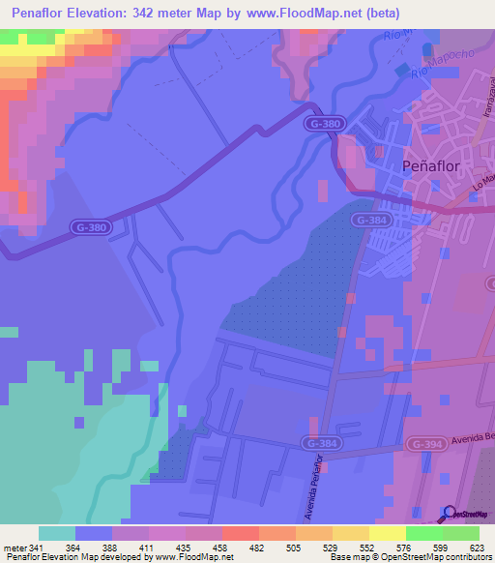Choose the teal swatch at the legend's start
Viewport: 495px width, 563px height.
point(56,533)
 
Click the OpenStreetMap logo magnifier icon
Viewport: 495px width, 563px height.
point(449,513)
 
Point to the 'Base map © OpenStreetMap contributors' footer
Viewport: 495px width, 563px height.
point(411,557)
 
